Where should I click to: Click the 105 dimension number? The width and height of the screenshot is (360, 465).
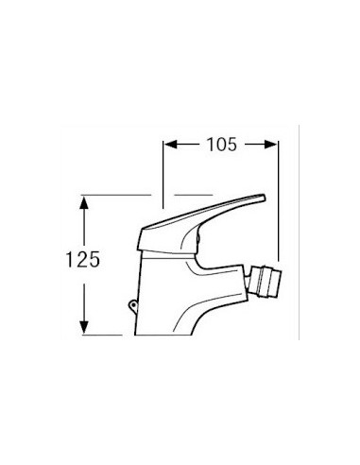pos(221,145)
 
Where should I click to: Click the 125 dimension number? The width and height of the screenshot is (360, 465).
pos(82,260)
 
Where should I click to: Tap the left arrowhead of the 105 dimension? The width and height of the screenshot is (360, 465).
pos(170,145)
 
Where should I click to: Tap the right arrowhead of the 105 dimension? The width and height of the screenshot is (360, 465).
pos(270,145)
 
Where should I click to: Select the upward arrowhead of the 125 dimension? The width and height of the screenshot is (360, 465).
pos(83,202)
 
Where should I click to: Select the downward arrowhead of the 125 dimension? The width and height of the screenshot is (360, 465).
pos(83,328)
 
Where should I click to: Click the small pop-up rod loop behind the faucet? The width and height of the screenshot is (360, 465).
pos(133,305)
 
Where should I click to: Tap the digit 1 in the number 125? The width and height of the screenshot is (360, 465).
pos(69,260)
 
